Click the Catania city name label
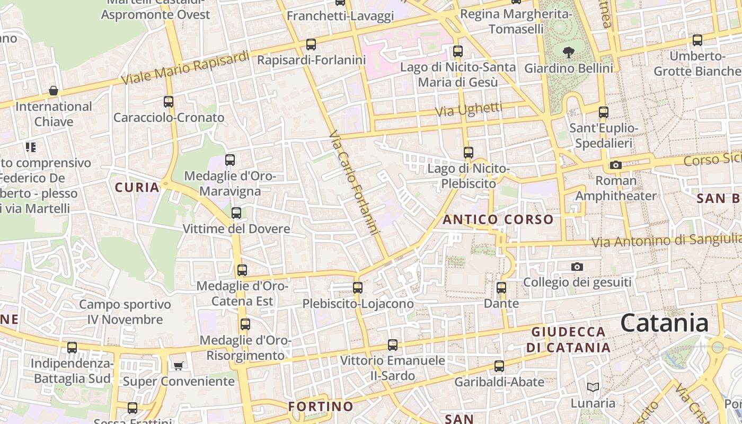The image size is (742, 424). [x=664, y=323]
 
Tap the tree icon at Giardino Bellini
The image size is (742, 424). [x=569, y=52]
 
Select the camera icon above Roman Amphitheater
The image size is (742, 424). [x=615, y=165]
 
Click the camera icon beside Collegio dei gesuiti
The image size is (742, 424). [x=577, y=267]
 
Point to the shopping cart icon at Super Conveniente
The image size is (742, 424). [x=178, y=366]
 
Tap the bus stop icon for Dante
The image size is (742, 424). [x=501, y=288]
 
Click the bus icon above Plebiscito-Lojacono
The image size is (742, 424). [x=358, y=288]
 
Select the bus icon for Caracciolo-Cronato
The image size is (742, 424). [x=169, y=102]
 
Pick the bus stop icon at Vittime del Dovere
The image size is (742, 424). [x=236, y=213]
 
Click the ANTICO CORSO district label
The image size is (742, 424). [x=498, y=219]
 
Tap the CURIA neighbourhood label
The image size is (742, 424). [x=137, y=187]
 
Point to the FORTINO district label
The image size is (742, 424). [x=321, y=407]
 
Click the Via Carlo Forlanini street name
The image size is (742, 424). [x=354, y=183]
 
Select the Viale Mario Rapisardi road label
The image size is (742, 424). [x=185, y=68]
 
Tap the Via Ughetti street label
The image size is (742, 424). [x=469, y=110]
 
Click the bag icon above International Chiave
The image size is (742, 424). [x=54, y=91]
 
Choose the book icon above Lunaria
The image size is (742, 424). [x=593, y=387]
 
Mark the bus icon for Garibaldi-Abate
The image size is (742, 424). [x=499, y=366]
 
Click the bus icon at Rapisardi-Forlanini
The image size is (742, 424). [x=311, y=45]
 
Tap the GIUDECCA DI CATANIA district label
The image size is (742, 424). [x=568, y=340]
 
